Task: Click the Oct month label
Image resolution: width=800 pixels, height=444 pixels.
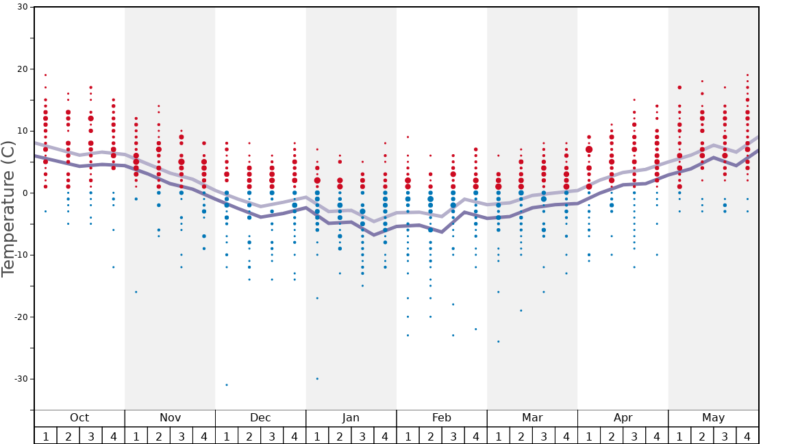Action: [x=79, y=418]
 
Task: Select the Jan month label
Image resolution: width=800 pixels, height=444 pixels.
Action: [x=351, y=418]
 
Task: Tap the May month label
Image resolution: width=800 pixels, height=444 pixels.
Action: [x=713, y=418]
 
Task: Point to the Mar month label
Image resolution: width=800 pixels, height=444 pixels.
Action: [x=532, y=418]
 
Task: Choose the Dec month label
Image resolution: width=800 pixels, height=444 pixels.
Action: [x=260, y=418]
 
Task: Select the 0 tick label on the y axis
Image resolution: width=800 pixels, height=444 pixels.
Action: [x=24, y=193]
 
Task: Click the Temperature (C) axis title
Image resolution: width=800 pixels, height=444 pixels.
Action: [x=8, y=209]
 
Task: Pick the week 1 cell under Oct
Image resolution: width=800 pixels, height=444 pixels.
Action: [x=46, y=436]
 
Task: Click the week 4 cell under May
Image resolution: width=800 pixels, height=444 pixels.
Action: [x=747, y=436]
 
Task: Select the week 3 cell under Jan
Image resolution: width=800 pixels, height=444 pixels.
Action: [x=362, y=436]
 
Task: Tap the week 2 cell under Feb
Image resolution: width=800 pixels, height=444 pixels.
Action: [x=430, y=436]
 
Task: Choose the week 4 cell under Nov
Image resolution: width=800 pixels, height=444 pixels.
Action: [x=204, y=436]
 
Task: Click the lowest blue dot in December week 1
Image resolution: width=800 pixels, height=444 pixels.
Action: [x=227, y=385]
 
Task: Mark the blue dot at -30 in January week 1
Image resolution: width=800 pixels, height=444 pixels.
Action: [x=317, y=379]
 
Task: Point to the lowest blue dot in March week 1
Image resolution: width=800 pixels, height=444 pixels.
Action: [x=498, y=341]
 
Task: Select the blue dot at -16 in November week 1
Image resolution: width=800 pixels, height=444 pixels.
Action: [x=136, y=292]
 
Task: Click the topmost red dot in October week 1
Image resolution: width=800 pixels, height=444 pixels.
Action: [x=46, y=75]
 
